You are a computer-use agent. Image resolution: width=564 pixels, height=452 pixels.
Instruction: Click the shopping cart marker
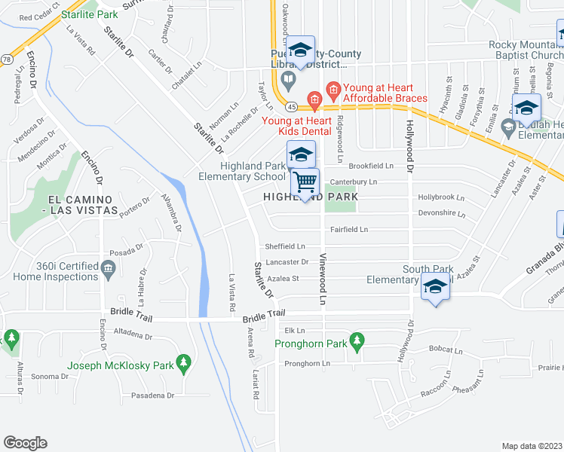click(305, 182)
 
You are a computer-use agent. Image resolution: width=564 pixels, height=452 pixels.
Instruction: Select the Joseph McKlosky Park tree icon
click(182, 365)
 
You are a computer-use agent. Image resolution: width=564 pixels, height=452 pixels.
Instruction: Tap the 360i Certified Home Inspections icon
click(108, 267)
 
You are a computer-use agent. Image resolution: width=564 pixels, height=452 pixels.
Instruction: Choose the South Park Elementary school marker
click(434, 287)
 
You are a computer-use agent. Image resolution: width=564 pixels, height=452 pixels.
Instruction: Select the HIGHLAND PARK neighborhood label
click(310, 197)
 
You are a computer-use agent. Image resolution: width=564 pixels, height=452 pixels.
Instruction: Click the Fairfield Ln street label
click(348, 229)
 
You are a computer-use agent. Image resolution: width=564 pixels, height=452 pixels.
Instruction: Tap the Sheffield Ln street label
click(284, 246)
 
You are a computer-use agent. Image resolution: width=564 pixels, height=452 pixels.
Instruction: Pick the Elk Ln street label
click(295, 330)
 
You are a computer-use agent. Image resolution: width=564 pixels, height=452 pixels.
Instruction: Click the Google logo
click(25, 443)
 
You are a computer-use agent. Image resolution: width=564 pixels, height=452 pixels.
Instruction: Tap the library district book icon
click(288, 79)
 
